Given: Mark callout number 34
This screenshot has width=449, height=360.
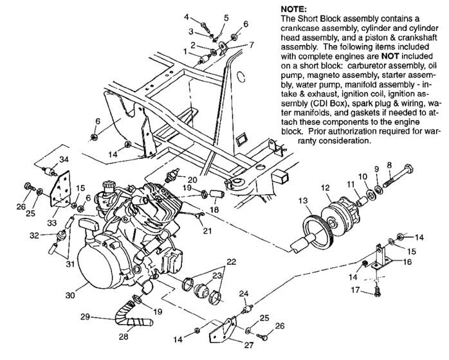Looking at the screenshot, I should point(64,159).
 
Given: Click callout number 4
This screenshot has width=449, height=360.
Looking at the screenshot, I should point(205,16).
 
